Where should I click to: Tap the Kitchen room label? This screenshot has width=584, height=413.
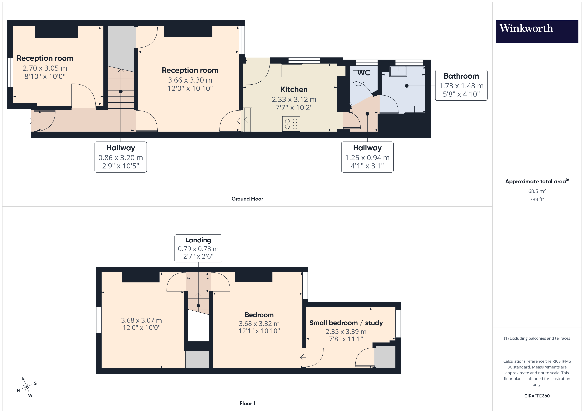click(294, 90)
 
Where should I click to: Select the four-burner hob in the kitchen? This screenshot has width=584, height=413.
click(291, 124)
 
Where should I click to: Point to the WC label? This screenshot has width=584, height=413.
click(364, 73)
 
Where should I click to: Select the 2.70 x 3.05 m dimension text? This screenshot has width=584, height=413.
click(45, 68)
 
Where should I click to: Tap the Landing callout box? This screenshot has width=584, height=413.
click(198, 248)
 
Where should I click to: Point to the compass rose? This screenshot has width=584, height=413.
click(27, 387)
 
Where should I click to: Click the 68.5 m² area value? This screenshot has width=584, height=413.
click(537, 191)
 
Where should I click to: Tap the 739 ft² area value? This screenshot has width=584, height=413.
click(537, 199)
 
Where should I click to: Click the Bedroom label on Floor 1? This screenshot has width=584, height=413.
click(259, 315)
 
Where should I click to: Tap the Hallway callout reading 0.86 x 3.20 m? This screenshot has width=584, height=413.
click(121, 157)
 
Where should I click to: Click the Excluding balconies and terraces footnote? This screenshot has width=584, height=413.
click(537, 338)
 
